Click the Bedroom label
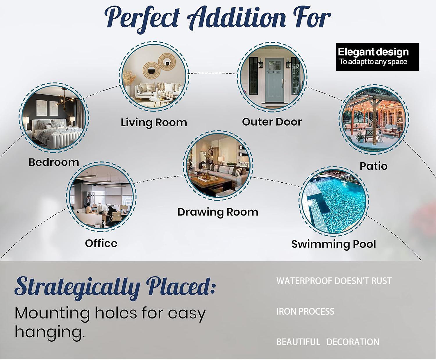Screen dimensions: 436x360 click(54, 162)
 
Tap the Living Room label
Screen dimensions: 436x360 click(154, 122)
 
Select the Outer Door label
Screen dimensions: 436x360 click(272, 122)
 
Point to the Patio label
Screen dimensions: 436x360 click(373, 166)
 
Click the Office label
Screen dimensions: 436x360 click(101, 243)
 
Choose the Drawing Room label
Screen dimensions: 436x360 click(218, 212)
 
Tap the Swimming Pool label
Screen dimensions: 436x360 click(334, 244)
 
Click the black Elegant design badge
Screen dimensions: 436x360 click(377, 57)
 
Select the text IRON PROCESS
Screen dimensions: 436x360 click(305, 311)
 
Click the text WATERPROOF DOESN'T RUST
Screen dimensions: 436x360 click(334, 281)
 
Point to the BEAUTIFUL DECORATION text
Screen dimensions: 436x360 click(328, 342)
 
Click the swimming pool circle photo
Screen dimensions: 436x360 click(334, 202)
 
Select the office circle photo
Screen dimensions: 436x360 click(101, 197)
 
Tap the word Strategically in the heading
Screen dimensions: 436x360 click(77, 288)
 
